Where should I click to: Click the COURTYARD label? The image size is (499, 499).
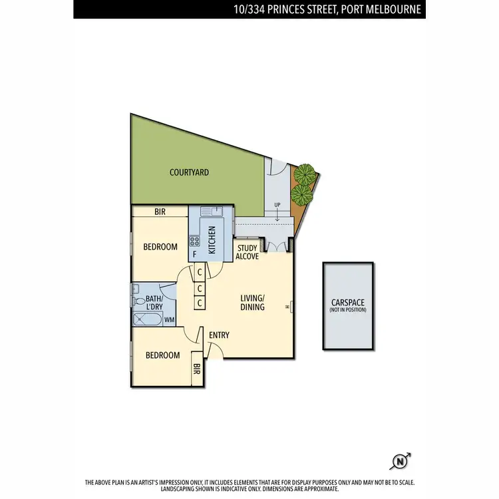point(189,172)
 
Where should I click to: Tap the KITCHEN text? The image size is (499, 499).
point(212,240)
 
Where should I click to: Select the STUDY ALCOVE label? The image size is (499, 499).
point(247,252)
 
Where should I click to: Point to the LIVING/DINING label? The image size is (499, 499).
point(252,302)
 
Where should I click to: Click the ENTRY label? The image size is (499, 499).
point(219,335)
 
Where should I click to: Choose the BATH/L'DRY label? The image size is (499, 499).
point(154,303)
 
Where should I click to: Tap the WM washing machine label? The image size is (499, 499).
point(170,320)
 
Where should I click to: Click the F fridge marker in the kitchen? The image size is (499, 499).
point(194,254)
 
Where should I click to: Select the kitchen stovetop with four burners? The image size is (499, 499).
point(195,240)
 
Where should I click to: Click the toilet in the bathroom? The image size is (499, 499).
point(138,301)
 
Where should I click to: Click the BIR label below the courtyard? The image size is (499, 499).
point(160,212)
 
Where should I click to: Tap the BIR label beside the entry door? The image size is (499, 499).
point(197,370)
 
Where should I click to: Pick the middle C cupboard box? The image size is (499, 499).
point(200,288)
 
